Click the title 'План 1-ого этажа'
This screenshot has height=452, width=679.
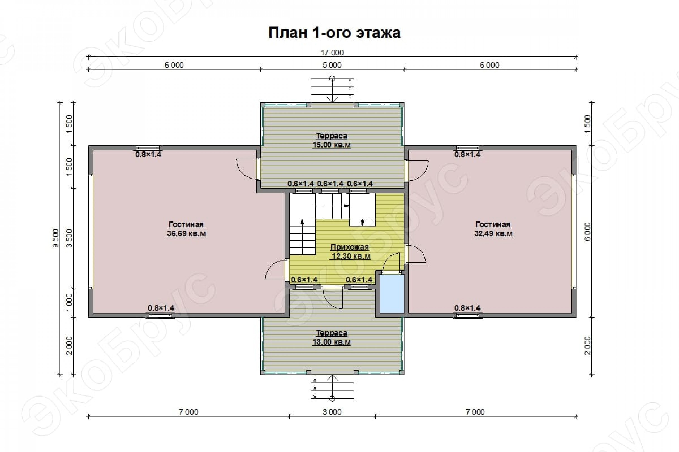(x=334, y=33)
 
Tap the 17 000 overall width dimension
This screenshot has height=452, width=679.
(x=332, y=53)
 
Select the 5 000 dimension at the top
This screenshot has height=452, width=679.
(x=332, y=65)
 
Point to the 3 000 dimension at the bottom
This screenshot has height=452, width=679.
(x=332, y=412)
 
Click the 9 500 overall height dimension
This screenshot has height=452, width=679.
(x=56, y=238)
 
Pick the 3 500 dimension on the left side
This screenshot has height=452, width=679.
(x=69, y=238)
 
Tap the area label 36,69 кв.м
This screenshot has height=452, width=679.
(x=186, y=233)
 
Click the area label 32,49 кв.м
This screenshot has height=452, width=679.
(x=493, y=233)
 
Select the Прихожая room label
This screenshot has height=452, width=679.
(x=350, y=247)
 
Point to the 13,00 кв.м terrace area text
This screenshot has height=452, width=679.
(x=331, y=342)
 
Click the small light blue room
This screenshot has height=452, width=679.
(x=392, y=294)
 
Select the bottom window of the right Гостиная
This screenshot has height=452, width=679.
(x=468, y=315)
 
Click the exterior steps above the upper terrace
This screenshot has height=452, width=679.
(x=332, y=91)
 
